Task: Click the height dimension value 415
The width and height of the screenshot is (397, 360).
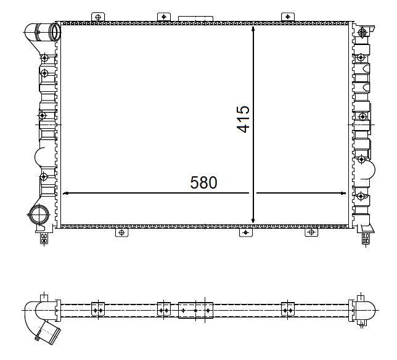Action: [x=244, y=119]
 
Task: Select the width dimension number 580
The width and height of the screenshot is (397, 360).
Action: [x=203, y=182]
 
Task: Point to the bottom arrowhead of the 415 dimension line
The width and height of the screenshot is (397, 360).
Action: [x=253, y=221]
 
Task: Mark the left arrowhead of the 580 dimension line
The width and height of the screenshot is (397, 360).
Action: [x=65, y=194]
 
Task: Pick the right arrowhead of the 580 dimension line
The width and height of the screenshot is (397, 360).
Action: [x=343, y=193]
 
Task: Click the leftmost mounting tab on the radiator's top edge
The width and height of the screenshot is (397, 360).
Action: [x=98, y=17]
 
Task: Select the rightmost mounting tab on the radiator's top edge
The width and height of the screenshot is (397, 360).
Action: [x=288, y=17]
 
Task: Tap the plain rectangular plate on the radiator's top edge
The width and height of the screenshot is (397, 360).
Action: [x=195, y=18]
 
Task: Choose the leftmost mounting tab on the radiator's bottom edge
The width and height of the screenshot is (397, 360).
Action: [x=122, y=232]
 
